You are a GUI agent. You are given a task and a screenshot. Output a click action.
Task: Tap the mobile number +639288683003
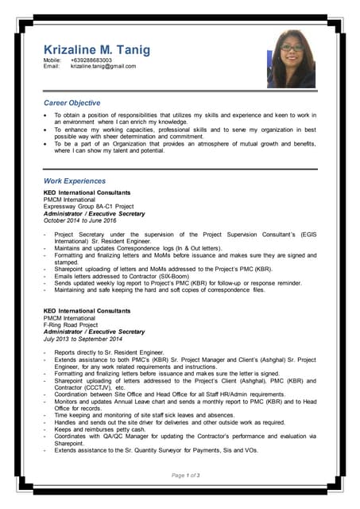coord(91,60)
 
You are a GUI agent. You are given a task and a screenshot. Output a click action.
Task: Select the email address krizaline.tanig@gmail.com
coord(103,66)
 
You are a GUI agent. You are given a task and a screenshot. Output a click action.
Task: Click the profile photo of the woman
coord(291,60)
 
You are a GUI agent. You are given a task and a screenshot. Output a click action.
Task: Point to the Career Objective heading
coord(72,103)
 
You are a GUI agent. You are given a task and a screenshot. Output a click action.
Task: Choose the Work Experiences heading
coord(74,181)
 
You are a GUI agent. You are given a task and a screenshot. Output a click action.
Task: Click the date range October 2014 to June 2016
coord(80,220)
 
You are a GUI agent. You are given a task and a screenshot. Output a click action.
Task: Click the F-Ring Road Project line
coord(71,325)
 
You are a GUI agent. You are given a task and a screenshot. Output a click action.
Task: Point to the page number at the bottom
coord(185,475)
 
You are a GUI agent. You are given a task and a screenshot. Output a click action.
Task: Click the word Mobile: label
coord(52,60)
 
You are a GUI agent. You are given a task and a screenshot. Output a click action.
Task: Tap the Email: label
coord(51,66)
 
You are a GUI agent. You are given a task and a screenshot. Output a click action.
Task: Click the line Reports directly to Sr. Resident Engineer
coord(109,352)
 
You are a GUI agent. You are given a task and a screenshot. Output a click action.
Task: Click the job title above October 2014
coord(94,214)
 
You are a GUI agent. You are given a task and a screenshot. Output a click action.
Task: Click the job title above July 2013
coord(94,332)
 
